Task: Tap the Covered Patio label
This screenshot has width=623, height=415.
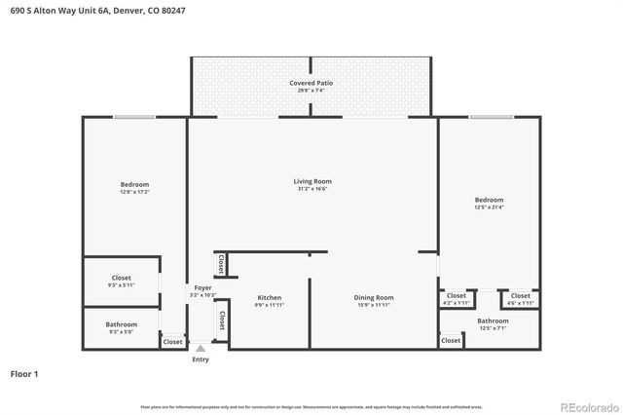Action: pyautogui.click(x=311, y=84)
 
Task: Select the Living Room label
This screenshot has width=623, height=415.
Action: pyautogui.click(x=312, y=181)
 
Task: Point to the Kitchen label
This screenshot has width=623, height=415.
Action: pyautogui.click(x=270, y=297)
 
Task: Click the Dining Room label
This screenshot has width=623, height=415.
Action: pyautogui.click(x=373, y=297)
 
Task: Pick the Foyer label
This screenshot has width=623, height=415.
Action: pyautogui.click(x=202, y=288)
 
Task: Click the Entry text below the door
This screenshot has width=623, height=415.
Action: pyautogui.click(x=200, y=359)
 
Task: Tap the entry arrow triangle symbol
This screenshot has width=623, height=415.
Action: pyautogui.click(x=200, y=347)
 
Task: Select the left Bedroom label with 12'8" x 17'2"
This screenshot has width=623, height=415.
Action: pyautogui.click(x=134, y=184)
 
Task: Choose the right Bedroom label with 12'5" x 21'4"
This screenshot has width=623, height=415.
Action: pyautogui.click(x=489, y=200)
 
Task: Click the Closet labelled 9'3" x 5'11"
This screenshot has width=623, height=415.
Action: pyautogui.click(x=121, y=278)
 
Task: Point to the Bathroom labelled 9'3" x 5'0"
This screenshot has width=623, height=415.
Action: pyautogui.click(x=121, y=324)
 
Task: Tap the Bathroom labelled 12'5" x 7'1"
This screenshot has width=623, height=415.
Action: pyautogui.click(x=493, y=321)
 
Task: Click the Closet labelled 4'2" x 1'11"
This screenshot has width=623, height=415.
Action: pyautogui.click(x=456, y=295)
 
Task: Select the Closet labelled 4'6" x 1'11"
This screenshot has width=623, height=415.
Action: pyautogui.click(x=521, y=295)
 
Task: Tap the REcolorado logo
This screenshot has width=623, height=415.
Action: pyautogui.click(x=587, y=406)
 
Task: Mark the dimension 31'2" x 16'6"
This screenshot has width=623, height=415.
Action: pyautogui.click(x=312, y=189)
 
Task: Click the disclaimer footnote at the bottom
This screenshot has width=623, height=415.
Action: pyautogui.click(x=311, y=406)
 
